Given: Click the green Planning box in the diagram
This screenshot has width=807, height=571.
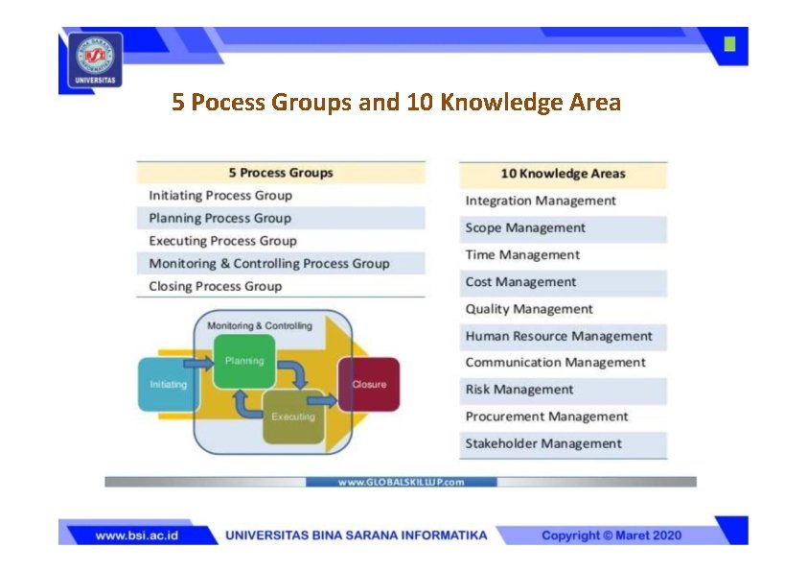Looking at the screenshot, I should (x=243, y=362).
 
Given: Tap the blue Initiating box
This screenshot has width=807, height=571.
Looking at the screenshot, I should (x=169, y=384).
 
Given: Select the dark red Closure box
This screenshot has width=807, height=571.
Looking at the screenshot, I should (x=369, y=384).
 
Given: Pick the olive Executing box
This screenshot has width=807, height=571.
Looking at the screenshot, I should (x=293, y=416).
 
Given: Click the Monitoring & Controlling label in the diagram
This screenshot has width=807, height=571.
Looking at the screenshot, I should (x=259, y=325).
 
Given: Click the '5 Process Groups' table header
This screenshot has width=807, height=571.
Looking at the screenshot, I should (x=280, y=173).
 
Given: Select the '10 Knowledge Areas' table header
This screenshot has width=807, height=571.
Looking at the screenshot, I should (x=563, y=174).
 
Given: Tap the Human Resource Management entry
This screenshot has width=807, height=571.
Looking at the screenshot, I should (x=558, y=336).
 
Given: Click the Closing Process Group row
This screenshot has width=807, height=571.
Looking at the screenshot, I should (x=216, y=286).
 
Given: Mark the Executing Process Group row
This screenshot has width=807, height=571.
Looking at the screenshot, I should (x=223, y=241).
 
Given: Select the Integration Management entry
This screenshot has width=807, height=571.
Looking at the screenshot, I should (x=541, y=201).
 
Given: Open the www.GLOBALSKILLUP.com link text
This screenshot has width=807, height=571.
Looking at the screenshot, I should (x=401, y=482).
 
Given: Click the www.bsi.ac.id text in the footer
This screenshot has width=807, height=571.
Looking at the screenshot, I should (x=136, y=535).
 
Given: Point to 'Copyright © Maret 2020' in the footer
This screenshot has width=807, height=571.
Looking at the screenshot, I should (x=611, y=535).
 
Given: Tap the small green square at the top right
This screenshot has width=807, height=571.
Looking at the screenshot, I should (x=730, y=44).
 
